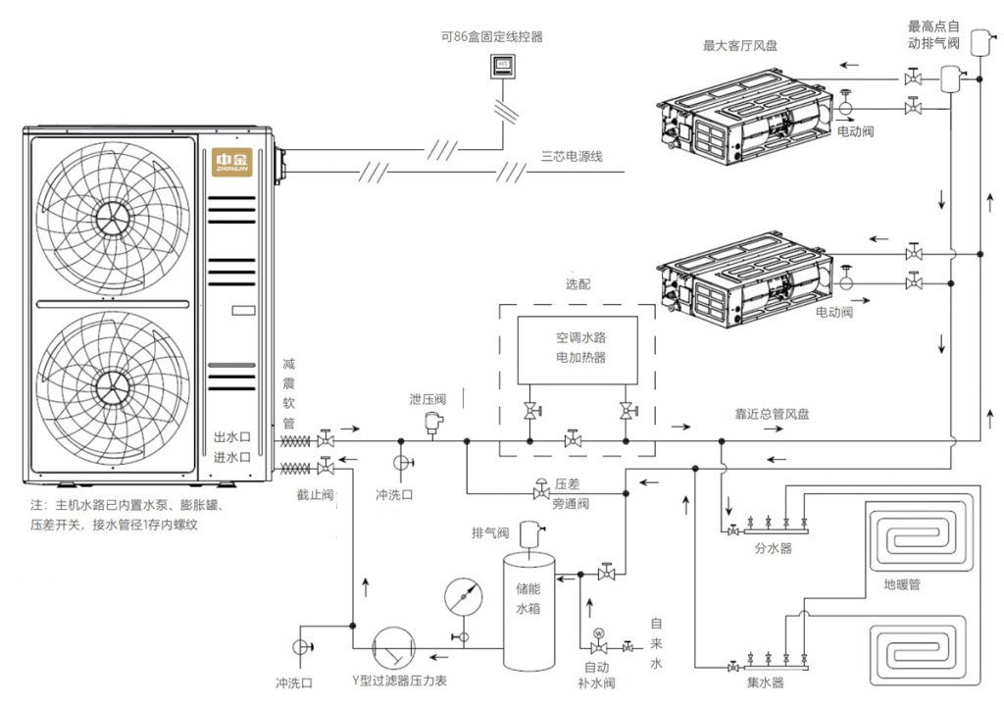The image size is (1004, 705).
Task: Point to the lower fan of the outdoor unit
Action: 113,387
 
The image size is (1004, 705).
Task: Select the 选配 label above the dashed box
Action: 578,284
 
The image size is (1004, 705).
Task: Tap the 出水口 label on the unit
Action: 232,437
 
